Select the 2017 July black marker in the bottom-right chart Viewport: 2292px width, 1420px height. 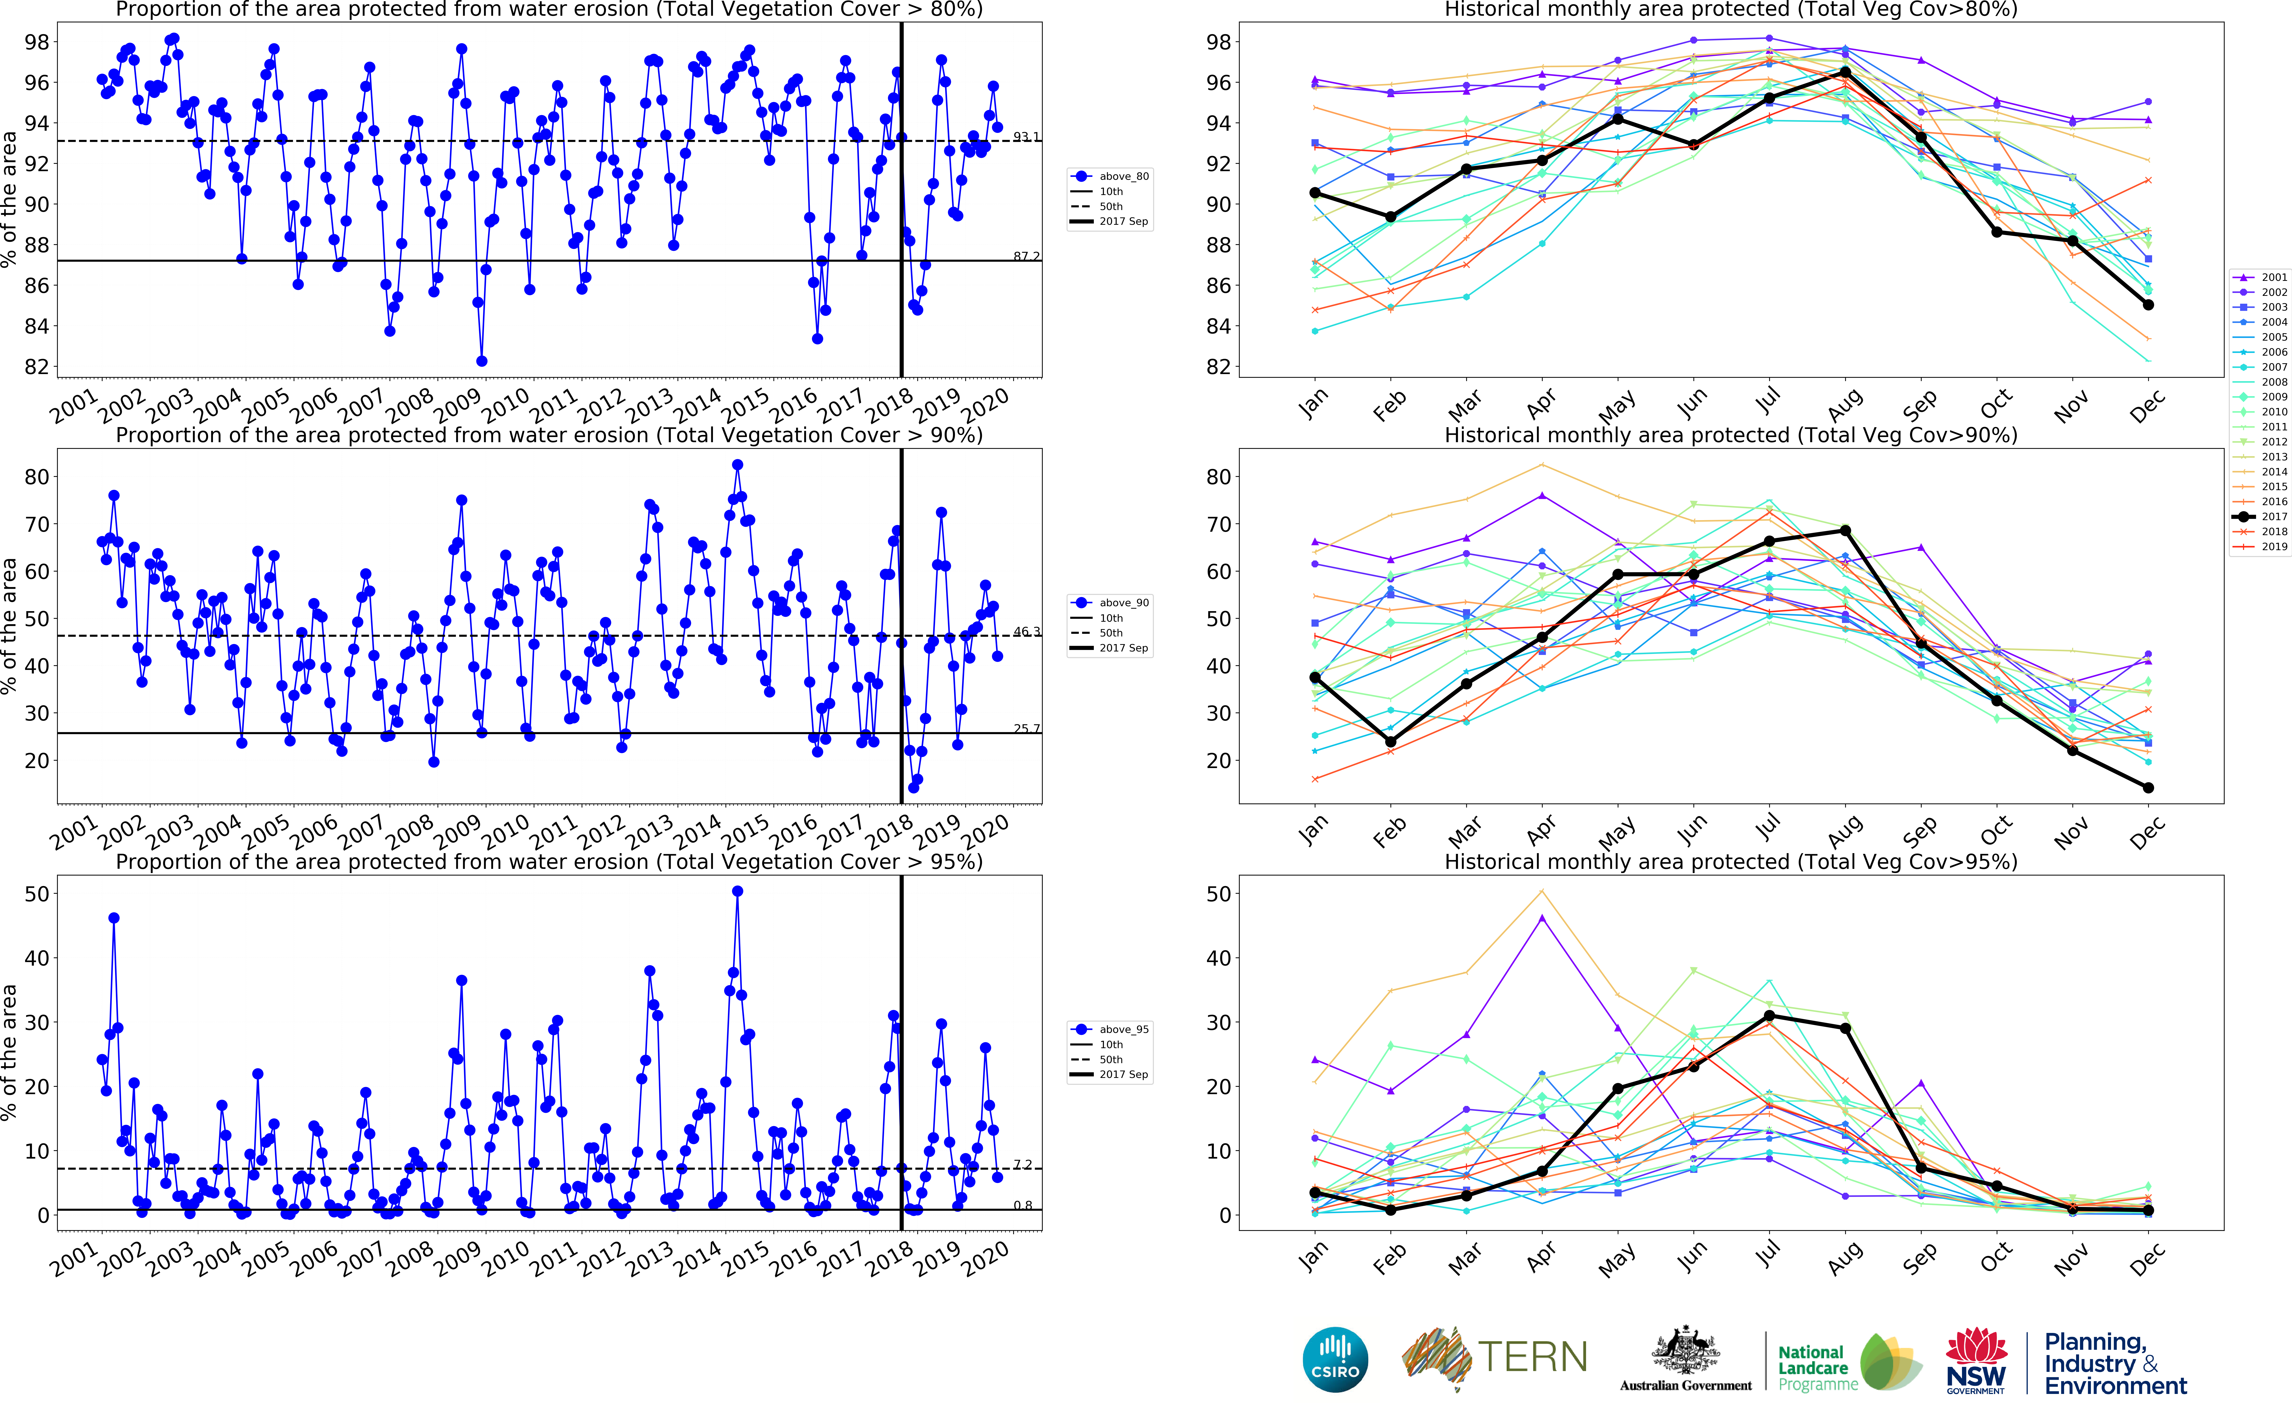[x=1769, y=1015]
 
